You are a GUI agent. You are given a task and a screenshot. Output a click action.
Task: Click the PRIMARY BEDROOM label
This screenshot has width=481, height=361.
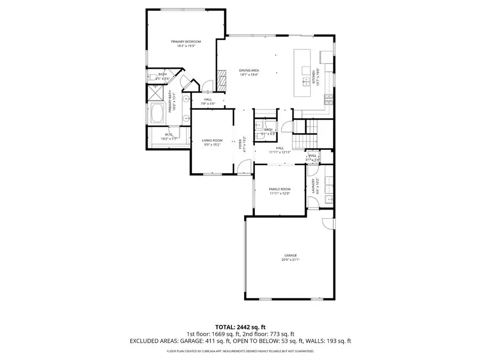(x=186, y=42)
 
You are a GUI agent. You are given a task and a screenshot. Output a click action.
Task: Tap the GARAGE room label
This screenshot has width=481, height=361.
(x=290, y=256)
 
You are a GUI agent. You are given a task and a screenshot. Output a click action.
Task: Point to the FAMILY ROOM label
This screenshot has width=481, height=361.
(x=279, y=189)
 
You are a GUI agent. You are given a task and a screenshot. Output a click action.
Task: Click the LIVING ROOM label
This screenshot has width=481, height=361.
(x=212, y=140)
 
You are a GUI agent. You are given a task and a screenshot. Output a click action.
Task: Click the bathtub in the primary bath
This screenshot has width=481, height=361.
(x=158, y=114)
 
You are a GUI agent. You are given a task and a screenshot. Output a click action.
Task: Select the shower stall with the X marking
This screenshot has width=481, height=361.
(x=156, y=93)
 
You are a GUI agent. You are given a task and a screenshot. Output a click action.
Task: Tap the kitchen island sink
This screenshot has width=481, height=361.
(x=306, y=81)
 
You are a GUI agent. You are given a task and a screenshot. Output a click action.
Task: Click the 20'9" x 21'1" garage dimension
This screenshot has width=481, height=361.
(x=290, y=260)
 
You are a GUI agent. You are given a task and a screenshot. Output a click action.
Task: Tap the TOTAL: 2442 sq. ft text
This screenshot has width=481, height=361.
(x=240, y=326)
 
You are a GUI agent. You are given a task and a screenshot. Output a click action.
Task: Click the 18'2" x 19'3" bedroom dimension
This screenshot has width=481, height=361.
(x=186, y=46)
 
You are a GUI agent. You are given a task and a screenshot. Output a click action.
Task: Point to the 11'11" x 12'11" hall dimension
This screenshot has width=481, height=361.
(x=280, y=152)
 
